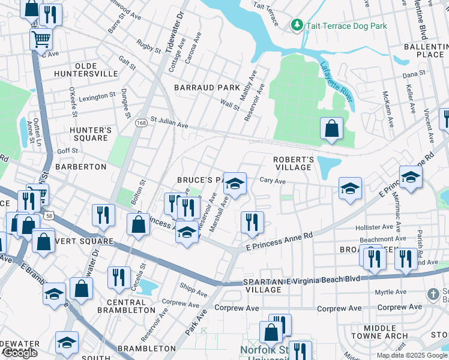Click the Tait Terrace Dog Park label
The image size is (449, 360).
pos(346,26)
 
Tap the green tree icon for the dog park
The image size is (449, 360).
pos(296,25)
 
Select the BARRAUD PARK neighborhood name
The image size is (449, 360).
pos(207,88)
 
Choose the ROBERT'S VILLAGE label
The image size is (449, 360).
pos(293,163)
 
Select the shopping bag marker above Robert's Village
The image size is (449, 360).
pos(331,128)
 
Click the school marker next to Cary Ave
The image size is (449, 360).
pos(235,183)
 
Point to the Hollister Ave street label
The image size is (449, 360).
pos(377,227)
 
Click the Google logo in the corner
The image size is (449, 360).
pos(20,353)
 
